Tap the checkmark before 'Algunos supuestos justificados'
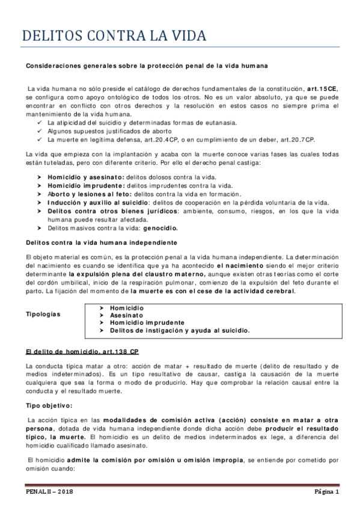point(39,131)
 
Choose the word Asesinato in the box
point(127,315)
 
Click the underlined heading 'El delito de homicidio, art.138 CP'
point(82,351)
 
